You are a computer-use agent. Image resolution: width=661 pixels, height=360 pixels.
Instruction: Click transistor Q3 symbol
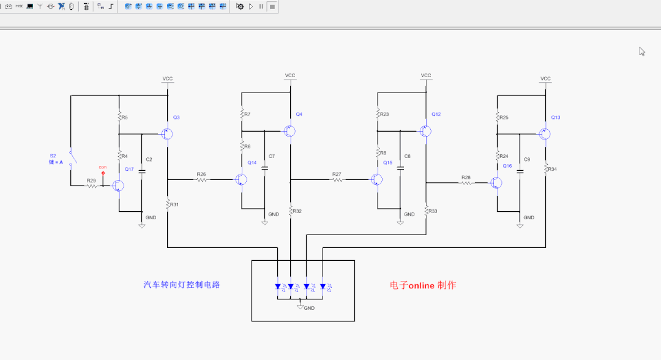pyautogui.click(x=166, y=133)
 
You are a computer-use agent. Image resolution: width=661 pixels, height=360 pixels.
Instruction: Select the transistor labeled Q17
pyautogui.click(x=118, y=186)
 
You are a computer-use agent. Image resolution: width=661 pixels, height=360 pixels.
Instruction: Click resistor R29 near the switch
pyautogui.click(x=91, y=186)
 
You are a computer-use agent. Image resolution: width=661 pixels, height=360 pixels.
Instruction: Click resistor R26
pyautogui.click(x=201, y=179)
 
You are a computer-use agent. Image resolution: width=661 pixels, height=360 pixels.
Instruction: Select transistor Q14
pyautogui.click(x=242, y=179)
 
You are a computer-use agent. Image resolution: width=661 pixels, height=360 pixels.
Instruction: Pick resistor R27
pyautogui.click(x=337, y=179)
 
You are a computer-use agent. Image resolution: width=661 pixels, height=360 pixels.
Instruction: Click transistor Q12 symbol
pyautogui.click(x=425, y=131)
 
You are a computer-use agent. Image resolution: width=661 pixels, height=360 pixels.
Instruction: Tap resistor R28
pyautogui.click(x=466, y=182)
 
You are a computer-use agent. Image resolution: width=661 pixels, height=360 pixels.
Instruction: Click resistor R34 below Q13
pyautogui.click(x=545, y=168)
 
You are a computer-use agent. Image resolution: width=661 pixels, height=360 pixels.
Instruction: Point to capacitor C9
pyautogui.click(x=520, y=172)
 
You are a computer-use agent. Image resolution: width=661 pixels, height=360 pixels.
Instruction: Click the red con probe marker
pyautogui.click(x=103, y=173)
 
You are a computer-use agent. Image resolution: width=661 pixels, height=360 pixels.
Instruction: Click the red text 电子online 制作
pyautogui.click(x=423, y=285)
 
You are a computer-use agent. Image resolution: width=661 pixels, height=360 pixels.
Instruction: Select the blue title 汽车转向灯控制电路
pyautogui.click(x=182, y=285)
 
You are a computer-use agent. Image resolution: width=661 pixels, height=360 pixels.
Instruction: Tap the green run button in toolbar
pyautogui.click(x=251, y=6)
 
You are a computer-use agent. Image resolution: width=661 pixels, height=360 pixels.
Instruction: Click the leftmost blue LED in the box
pyautogui.click(x=278, y=286)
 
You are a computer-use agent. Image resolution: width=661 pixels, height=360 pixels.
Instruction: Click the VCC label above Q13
pyautogui.click(x=545, y=79)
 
